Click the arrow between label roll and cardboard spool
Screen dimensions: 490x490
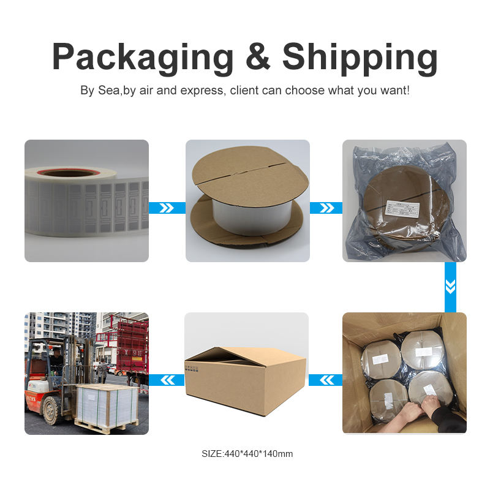click(167, 208)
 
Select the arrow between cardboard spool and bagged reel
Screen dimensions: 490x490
click(326, 208)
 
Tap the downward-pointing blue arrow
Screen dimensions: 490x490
click(450, 287)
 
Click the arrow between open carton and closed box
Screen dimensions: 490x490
click(325, 380)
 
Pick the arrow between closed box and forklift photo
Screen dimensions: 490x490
click(167, 380)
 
